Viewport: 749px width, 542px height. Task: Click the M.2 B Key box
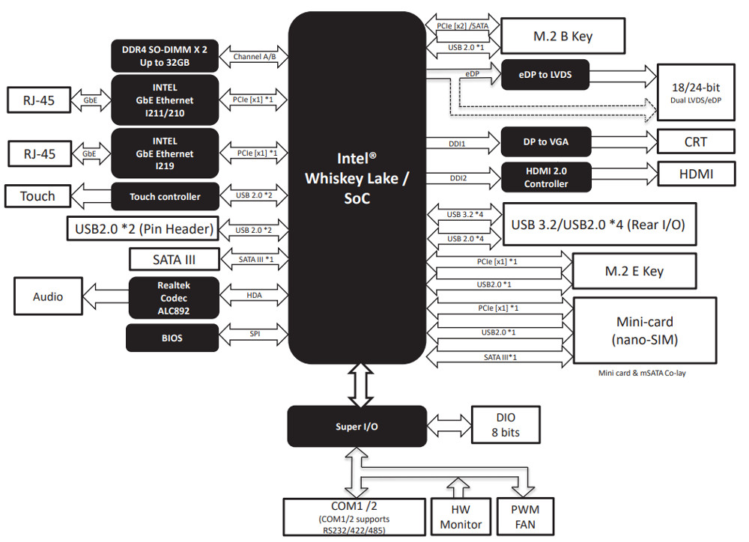coord(562,36)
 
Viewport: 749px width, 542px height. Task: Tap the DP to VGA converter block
coord(545,141)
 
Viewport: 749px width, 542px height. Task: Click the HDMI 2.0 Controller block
coord(545,177)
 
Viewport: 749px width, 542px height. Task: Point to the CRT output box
coord(695,141)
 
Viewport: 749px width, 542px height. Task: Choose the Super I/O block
coord(357,427)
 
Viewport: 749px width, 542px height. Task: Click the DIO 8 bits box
coord(505,425)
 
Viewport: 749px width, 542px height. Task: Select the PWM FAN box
coord(525,517)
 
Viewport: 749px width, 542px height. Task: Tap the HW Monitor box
coord(461,517)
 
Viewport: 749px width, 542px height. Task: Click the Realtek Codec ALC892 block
coord(174,296)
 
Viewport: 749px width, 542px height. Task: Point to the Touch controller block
coord(165,197)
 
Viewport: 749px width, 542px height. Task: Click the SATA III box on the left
coord(174,259)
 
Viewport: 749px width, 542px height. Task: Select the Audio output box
coord(48,297)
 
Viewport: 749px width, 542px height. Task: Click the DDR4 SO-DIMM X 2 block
coord(165,55)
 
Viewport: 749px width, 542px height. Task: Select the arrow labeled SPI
coord(253,335)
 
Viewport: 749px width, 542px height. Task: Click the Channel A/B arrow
coord(254,56)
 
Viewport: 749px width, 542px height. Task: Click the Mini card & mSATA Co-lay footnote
coord(642,373)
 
